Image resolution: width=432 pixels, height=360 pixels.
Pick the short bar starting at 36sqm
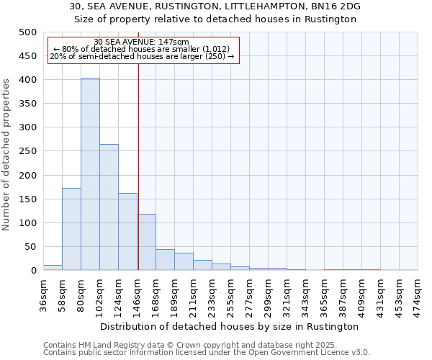tap(53, 268)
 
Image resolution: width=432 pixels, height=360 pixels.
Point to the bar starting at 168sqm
tap(165, 260)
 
